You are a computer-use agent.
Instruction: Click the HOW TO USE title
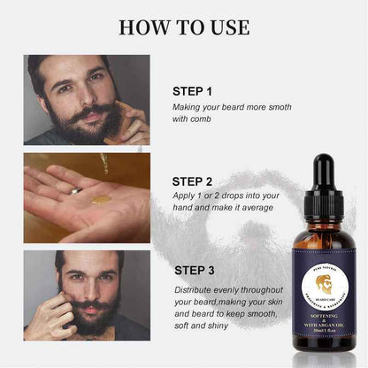coord(183,26)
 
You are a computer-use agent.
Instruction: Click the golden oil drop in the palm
coord(102,199)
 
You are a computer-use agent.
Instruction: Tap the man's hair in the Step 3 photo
coord(88,259)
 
